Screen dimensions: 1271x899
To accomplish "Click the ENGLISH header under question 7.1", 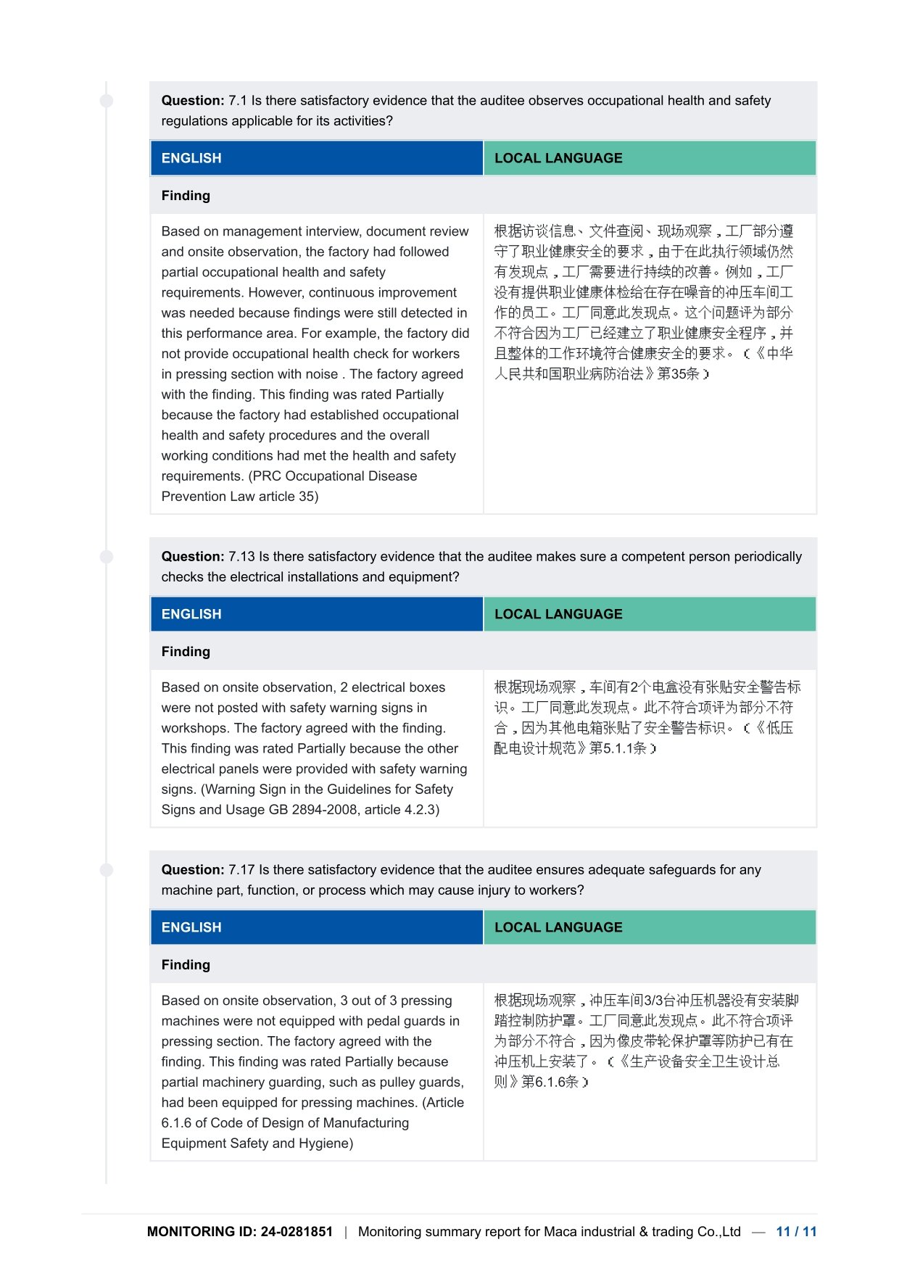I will click(x=191, y=158).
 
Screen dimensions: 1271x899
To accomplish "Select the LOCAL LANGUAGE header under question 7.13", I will click(x=558, y=614).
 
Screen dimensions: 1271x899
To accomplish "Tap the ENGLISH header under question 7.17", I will click(x=191, y=927).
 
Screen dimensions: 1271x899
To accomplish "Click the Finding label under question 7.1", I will click(x=186, y=196).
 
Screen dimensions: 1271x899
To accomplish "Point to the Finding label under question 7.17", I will click(x=186, y=965).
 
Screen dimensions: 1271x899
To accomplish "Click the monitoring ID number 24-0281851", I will click(x=297, y=1232).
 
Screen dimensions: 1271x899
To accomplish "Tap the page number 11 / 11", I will click(x=796, y=1232).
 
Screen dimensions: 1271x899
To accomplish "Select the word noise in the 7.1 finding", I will click(x=323, y=374).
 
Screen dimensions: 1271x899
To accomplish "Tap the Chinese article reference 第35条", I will click(x=678, y=374).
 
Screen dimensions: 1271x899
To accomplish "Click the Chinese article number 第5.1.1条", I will click(x=618, y=748).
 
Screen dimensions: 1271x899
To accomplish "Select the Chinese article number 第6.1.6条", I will click(x=550, y=1082).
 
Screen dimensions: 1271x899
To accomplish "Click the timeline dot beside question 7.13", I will click(x=107, y=557).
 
